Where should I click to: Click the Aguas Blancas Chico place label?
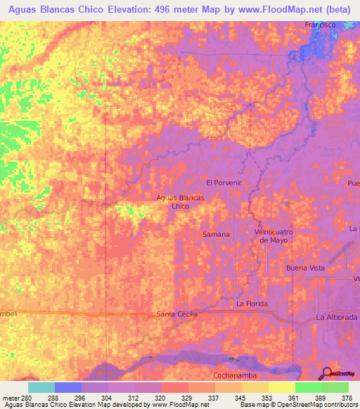180,202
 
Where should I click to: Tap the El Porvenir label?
224,182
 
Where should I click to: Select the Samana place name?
216,234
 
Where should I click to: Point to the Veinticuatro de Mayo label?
273,235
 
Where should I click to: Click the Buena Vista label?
304,268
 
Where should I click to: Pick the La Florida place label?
253,304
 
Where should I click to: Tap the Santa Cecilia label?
176,314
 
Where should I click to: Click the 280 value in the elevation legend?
28,398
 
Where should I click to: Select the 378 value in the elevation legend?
347,398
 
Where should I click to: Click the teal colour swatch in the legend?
41,387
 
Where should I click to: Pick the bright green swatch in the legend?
308,387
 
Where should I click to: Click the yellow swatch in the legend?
281,387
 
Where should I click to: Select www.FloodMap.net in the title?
272,9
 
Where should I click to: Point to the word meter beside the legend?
11,398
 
